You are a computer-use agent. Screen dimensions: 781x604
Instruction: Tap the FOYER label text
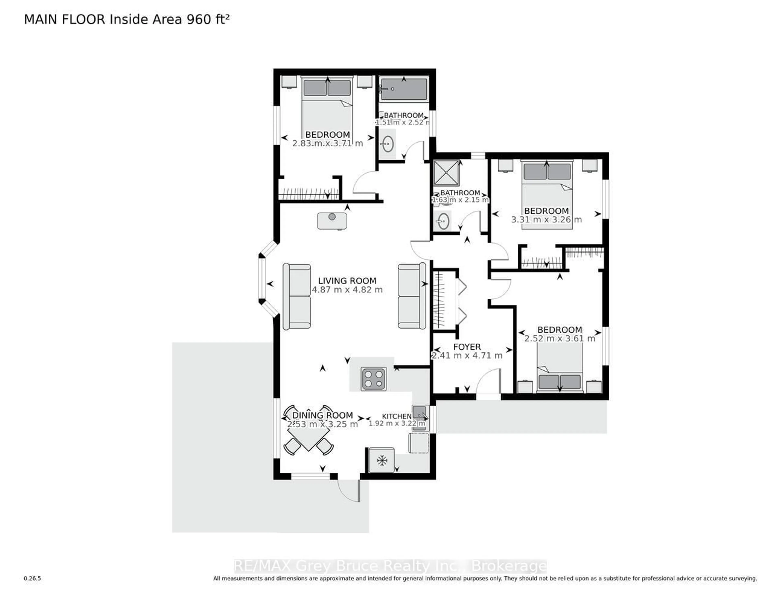click(x=467, y=347)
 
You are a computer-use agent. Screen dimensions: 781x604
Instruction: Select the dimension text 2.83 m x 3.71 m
click(x=328, y=143)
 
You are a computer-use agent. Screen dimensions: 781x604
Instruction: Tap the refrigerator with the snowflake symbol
click(x=382, y=460)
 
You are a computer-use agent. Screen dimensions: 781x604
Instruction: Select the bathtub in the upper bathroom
click(x=404, y=89)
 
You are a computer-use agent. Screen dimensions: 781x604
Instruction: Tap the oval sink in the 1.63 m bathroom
click(x=443, y=221)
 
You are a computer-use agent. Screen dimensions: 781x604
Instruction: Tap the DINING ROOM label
click(x=323, y=415)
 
